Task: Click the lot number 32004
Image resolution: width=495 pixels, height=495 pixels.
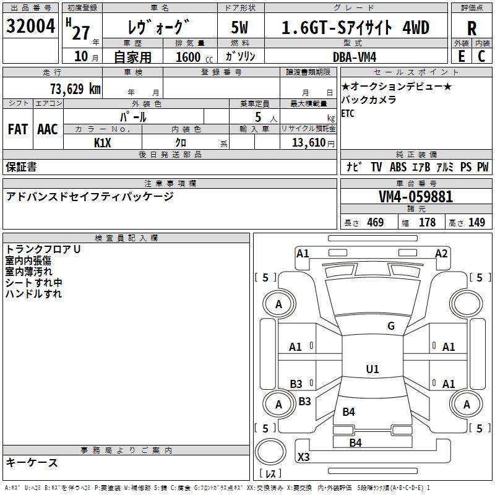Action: [x=30, y=26]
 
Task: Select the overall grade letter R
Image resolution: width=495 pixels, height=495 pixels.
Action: [x=471, y=28]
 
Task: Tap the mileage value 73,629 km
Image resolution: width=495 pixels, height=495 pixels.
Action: [x=75, y=88]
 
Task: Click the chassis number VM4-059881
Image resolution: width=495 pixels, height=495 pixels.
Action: [x=416, y=197]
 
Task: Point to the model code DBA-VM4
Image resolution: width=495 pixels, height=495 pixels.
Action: [x=355, y=57]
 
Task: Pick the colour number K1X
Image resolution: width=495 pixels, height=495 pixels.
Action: [x=102, y=143]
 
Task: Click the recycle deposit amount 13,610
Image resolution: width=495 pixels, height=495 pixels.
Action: [x=309, y=142]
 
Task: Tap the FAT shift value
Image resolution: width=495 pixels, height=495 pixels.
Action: [x=18, y=129]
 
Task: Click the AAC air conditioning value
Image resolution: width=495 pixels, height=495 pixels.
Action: [x=48, y=129]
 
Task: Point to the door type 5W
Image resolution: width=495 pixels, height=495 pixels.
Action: [x=239, y=27]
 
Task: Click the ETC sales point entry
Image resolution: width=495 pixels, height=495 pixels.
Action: [x=348, y=113]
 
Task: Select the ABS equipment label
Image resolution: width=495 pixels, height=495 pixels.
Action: [x=398, y=166]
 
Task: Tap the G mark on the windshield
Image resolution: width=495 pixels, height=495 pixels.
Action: [x=391, y=325]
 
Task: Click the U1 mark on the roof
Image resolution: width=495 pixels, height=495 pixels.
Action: [x=372, y=369]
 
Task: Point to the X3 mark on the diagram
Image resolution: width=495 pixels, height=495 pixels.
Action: [x=304, y=457]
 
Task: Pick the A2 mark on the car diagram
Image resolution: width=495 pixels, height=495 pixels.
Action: [x=441, y=254]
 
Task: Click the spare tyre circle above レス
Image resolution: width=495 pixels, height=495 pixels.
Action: [x=270, y=452]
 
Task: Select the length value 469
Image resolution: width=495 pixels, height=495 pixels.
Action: [x=376, y=222]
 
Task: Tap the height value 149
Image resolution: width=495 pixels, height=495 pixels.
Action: [x=476, y=222]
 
